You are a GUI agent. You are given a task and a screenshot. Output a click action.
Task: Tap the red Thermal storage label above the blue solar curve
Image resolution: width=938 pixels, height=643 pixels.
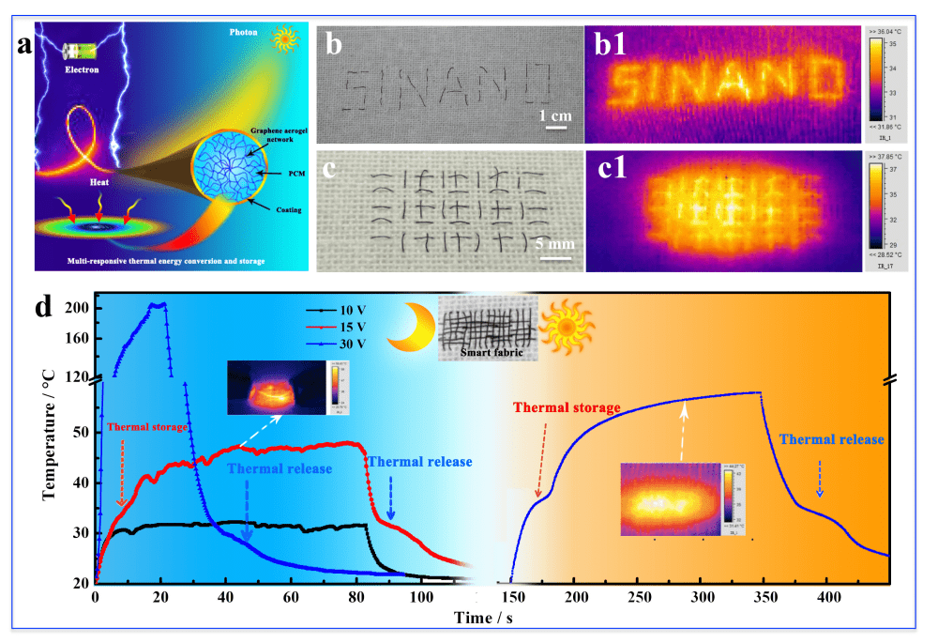[x=567, y=407]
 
